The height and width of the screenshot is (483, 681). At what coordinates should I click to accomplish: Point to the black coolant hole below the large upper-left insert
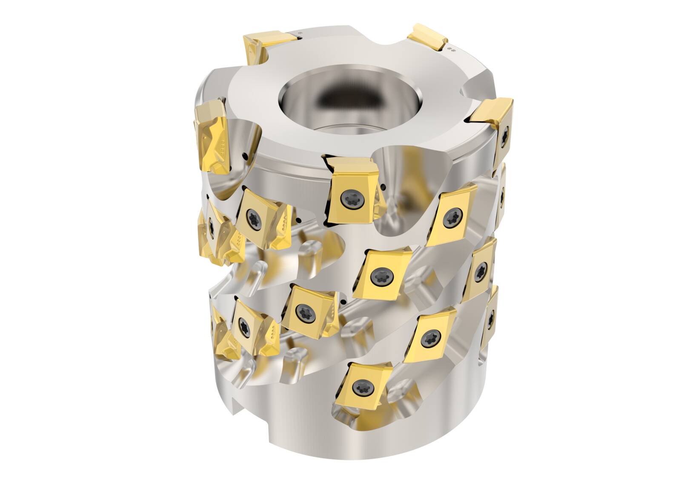(x=246, y=157)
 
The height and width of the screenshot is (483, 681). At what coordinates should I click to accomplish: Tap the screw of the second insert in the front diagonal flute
(x=451, y=218)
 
